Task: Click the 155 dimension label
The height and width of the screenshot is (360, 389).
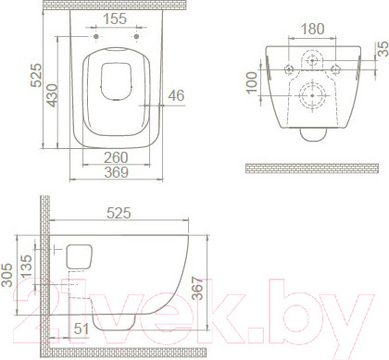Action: click(x=115, y=19)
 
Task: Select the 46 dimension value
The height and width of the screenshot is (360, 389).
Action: click(x=176, y=95)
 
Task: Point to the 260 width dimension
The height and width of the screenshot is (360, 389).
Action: click(x=116, y=157)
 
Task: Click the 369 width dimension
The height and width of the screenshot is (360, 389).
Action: click(x=116, y=172)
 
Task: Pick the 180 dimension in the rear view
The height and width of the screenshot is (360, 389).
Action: click(x=312, y=29)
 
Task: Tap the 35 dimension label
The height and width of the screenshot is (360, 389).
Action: click(x=383, y=49)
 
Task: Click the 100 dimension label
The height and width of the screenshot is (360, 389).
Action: click(x=252, y=82)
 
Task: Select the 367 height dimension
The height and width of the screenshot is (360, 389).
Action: click(x=197, y=289)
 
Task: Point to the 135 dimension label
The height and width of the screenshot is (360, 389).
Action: click(x=26, y=266)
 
